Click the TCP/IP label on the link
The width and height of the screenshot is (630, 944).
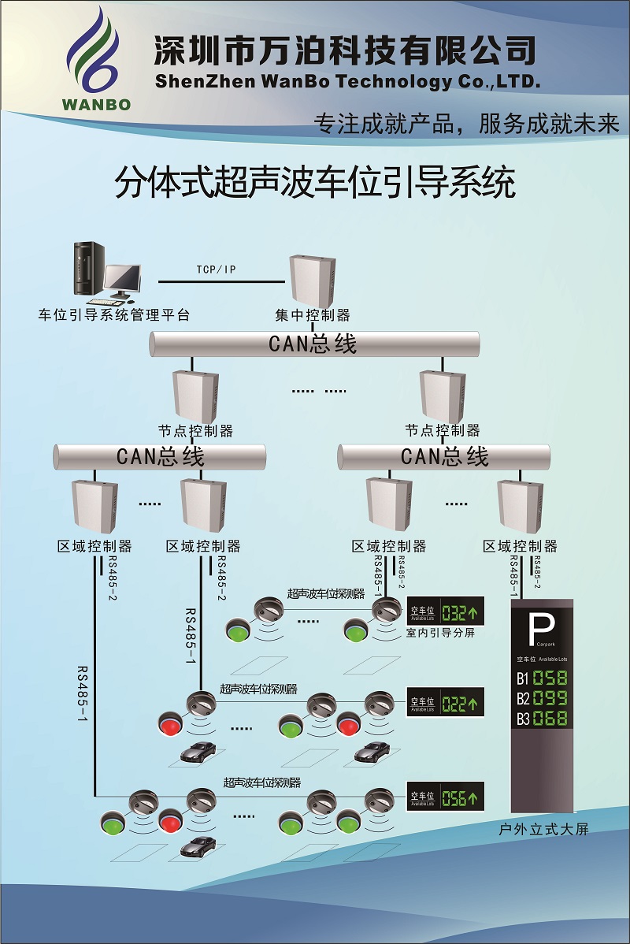coord(216,270)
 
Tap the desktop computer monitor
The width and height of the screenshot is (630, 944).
coord(124,278)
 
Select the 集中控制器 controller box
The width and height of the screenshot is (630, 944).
coord(313,280)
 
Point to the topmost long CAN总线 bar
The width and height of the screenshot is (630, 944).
coord(314,344)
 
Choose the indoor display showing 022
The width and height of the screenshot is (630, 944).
coord(446,702)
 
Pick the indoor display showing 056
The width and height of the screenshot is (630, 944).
coord(446,797)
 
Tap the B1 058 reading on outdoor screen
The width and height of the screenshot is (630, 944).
coord(542,678)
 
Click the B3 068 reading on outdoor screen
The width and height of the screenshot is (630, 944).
coord(542,718)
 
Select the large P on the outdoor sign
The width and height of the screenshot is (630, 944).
coord(542,628)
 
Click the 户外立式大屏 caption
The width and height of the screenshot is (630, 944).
coord(543,830)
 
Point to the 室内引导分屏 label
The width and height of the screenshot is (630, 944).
coord(440,633)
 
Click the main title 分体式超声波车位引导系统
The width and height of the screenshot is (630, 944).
coord(315,183)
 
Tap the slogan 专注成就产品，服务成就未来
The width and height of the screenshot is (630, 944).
coord(466,124)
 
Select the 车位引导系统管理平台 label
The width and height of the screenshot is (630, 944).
coord(114,315)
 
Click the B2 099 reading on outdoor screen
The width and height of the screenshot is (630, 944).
coord(542,698)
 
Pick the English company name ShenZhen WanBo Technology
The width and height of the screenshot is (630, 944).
coord(346,81)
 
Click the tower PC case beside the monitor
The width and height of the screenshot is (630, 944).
coord(89,269)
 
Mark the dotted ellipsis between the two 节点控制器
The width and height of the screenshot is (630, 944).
coord(319,390)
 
